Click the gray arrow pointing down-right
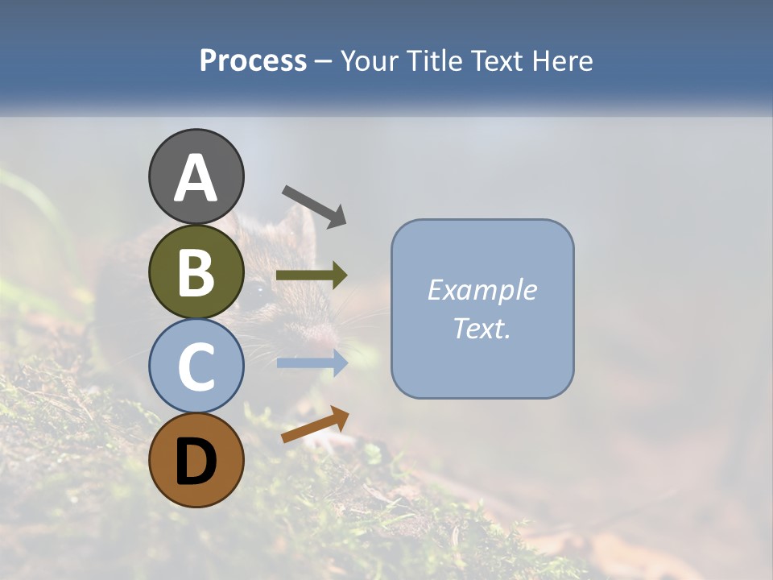[x=314, y=205]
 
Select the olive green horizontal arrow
[x=312, y=275]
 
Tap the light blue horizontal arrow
[x=312, y=362]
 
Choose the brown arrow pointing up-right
[x=315, y=425]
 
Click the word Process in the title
[x=253, y=61]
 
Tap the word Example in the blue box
[x=482, y=290]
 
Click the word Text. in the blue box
[x=482, y=329]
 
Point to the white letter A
[x=196, y=179]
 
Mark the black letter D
[x=196, y=462]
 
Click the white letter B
[x=196, y=272]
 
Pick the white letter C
[x=196, y=367]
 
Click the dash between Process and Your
[x=324, y=61]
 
